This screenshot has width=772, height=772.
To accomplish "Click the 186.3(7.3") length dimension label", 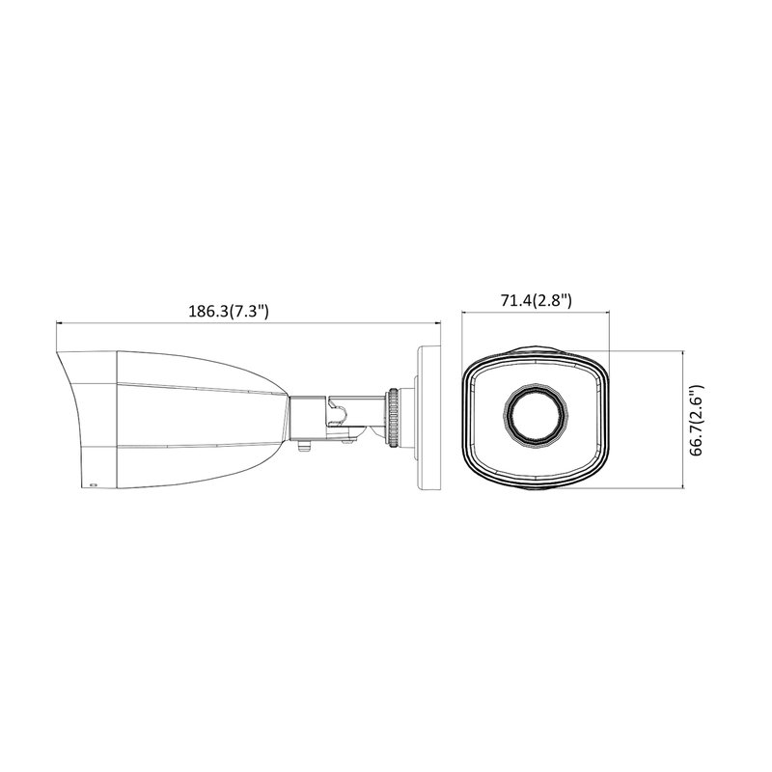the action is coord(229,311).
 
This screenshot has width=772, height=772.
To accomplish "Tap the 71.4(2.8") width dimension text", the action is coord(537,300).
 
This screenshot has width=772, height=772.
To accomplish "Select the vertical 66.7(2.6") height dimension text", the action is coord(697,420).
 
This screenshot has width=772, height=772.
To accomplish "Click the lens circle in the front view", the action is coord(536,415).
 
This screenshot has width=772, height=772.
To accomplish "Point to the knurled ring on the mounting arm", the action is coord(394,418).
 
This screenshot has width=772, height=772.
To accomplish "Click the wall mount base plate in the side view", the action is coord(428,418).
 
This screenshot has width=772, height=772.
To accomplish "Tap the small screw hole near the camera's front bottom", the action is coord(93,484).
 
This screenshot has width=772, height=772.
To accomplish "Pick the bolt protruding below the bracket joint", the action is coord(305,445).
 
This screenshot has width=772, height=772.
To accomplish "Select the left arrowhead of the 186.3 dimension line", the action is coord(60,323).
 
